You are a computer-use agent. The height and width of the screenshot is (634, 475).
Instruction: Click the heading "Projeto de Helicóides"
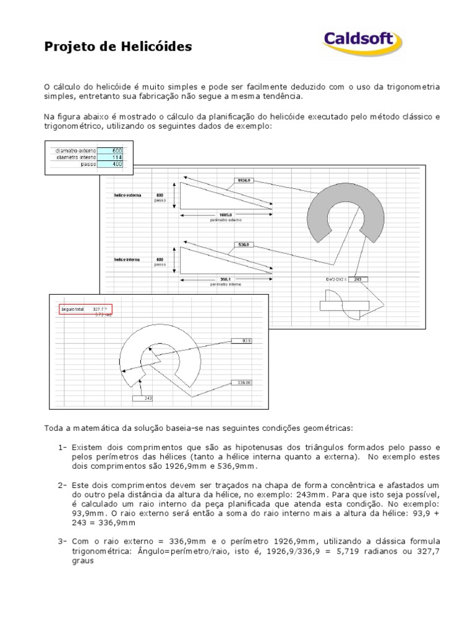tap(118, 46)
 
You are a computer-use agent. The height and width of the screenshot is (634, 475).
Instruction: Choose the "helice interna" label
tap(127, 259)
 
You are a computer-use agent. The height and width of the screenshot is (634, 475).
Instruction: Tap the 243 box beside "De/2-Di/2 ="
tap(357, 279)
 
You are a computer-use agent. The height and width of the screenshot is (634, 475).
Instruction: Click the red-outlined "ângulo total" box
tap(85, 309)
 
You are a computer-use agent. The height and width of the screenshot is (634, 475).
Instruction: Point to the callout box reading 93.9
tap(242, 341)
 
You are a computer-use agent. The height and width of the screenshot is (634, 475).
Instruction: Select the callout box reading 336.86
tap(242, 383)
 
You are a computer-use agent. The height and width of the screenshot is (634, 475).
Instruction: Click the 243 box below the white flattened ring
tap(147, 398)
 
